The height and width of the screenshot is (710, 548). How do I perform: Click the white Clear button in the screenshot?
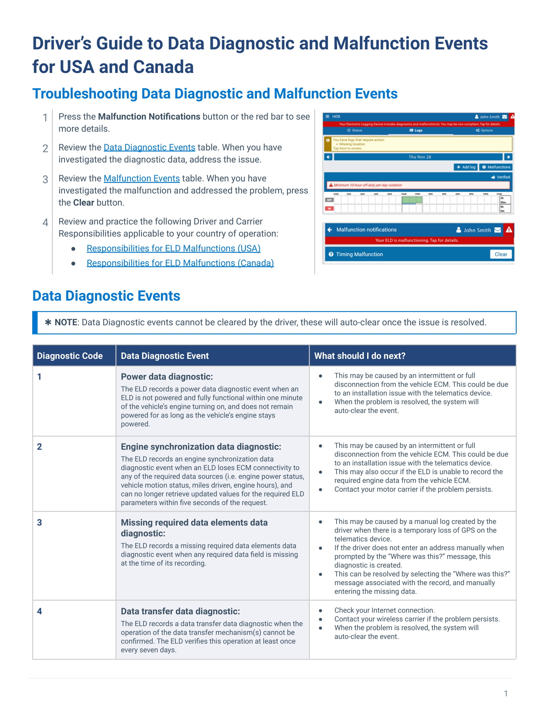point(501,254)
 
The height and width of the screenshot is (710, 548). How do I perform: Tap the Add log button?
point(465,167)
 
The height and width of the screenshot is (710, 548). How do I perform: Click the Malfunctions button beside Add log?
point(496,167)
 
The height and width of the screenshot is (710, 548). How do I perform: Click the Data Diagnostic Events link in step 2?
point(149,147)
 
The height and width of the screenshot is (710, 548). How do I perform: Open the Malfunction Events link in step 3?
point(142,178)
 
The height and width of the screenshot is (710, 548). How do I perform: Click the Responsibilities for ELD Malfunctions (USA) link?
point(173,249)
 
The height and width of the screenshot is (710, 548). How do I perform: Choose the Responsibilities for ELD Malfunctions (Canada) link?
point(180,263)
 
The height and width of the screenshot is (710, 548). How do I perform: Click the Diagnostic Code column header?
point(70,356)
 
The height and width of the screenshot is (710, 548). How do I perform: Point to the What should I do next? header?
point(360,356)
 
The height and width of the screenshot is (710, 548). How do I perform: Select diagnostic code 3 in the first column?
point(40,522)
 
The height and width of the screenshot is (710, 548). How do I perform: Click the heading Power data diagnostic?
point(167,377)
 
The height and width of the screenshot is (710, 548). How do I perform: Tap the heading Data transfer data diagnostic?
point(180,611)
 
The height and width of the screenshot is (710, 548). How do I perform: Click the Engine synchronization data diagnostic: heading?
point(201,447)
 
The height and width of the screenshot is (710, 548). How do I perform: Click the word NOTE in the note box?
point(66,322)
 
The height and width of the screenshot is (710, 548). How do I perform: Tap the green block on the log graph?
point(412,199)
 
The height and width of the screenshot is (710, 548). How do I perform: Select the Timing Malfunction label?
point(359,254)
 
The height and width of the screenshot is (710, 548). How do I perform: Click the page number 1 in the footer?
point(505,694)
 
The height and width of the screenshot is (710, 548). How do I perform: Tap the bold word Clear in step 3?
point(83,203)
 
